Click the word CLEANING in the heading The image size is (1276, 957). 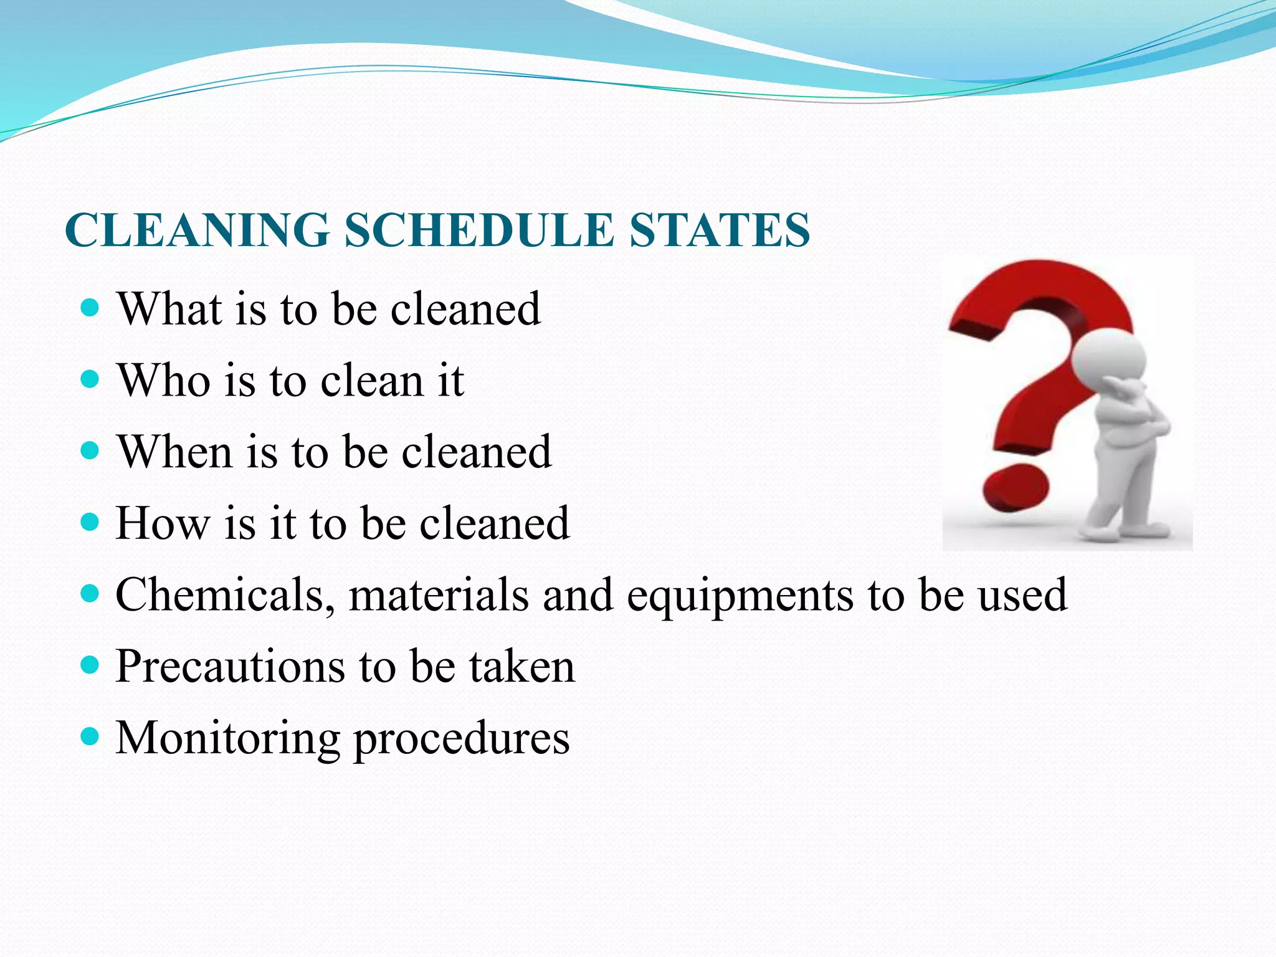pos(197,231)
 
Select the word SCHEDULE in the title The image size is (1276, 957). pos(478,231)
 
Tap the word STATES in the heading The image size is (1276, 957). pos(719,231)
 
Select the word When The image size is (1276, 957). pos(175,452)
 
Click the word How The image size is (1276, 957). pos(163,523)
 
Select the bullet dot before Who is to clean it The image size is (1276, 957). pos(90,379)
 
